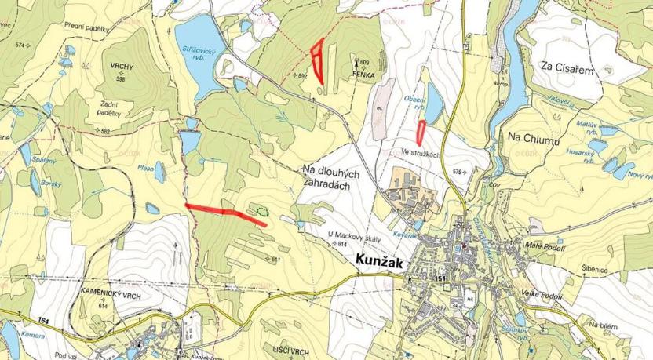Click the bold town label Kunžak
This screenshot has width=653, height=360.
pos(379,264)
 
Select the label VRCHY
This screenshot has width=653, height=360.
pos(122,68)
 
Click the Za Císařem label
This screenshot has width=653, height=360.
pos(566,68)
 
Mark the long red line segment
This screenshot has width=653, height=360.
pos(225,213)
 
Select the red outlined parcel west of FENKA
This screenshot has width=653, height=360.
pos(317,61)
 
